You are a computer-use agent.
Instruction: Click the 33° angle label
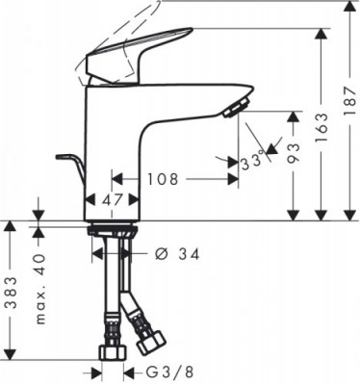pos(254,164)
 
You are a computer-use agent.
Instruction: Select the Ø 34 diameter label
pos(177,254)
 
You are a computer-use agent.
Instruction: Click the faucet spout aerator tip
pos(235,108)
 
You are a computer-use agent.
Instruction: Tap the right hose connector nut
pos(148,341)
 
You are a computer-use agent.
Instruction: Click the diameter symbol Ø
pos(161,254)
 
